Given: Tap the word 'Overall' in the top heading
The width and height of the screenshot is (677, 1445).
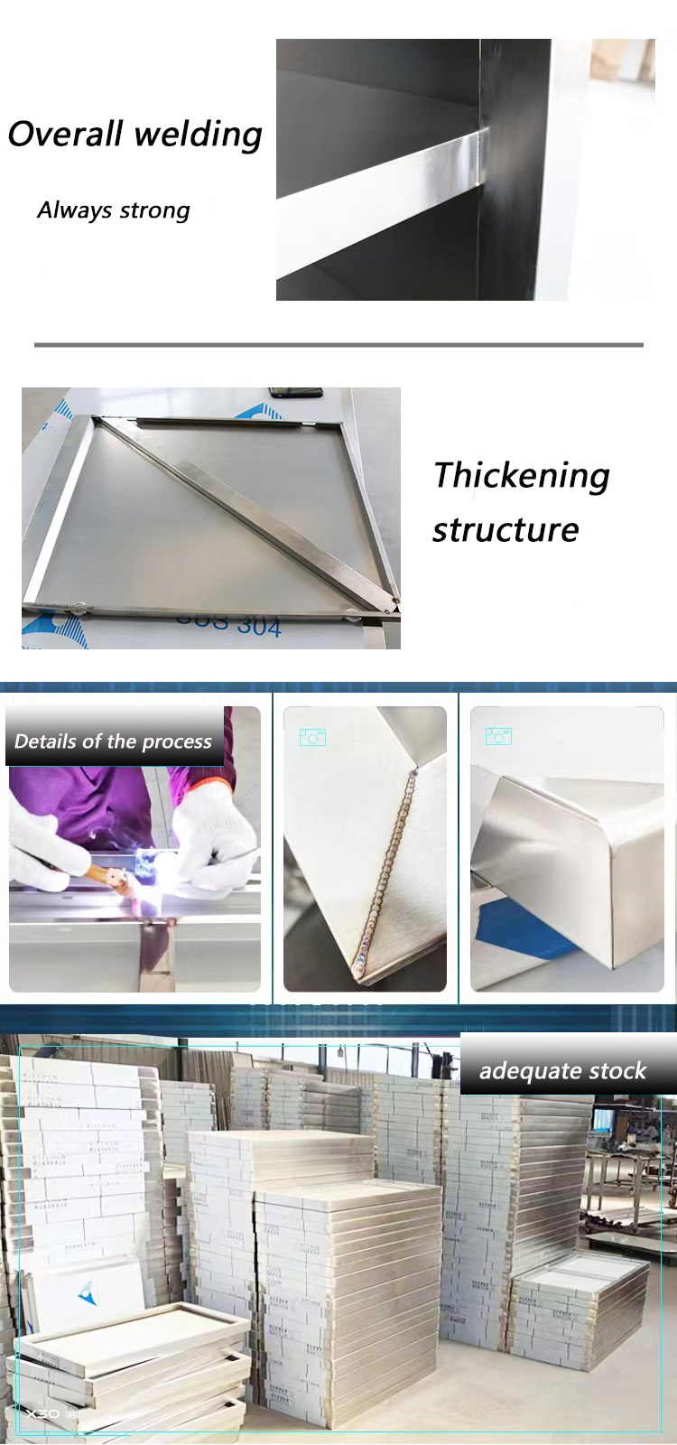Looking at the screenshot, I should (65, 134).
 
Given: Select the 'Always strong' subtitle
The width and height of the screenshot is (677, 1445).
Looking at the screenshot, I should (114, 210).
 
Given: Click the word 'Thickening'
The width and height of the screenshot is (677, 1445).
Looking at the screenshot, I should (522, 475).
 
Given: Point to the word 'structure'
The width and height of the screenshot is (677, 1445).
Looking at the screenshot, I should (505, 529).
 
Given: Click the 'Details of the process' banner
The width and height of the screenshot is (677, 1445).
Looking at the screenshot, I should (114, 741).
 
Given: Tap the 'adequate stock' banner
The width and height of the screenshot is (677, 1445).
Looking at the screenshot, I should (562, 1071).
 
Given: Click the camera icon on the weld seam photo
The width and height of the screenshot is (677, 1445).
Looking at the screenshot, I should (312, 738).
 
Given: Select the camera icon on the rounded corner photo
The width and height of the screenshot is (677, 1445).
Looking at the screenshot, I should (498, 737).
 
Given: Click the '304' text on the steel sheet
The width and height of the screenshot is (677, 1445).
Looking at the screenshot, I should (260, 626).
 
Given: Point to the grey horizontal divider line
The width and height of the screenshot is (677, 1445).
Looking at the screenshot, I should (338, 345).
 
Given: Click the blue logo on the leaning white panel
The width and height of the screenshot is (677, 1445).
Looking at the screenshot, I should (88, 1294).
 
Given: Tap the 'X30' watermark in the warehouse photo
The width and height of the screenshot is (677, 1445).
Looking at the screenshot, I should (43, 1413).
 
